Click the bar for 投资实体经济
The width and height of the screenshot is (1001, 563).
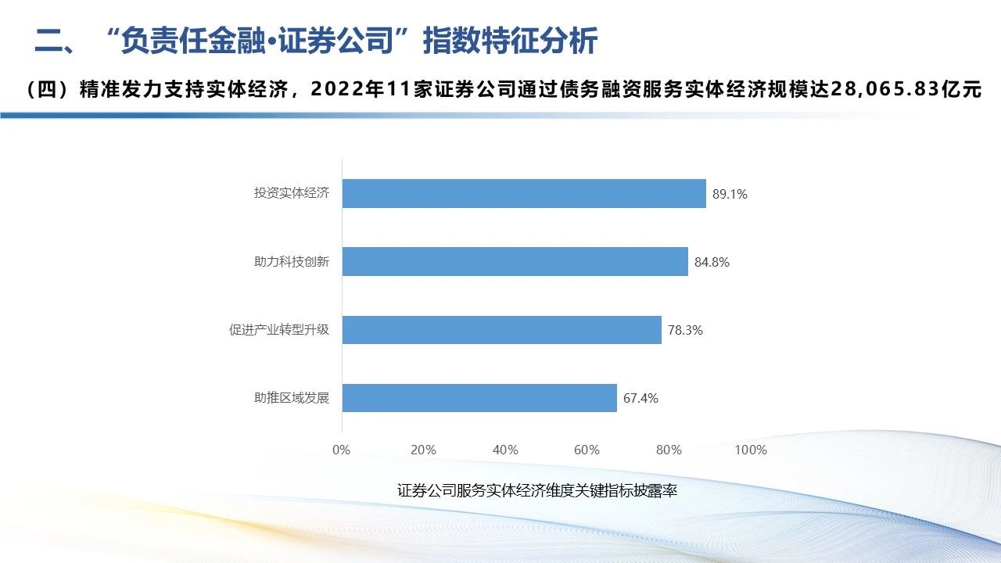pyautogui.click(x=524, y=193)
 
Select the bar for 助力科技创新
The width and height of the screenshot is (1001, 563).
pyautogui.click(x=515, y=262)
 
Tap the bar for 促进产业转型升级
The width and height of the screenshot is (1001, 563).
pyautogui.click(x=501, y=330)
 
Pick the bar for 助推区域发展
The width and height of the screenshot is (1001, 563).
pyautogui.click(x=479, y=398)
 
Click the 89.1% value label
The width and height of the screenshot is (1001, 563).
pyautogui.click(x=730, y=194)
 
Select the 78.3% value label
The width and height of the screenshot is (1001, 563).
pyautogui.click(x=685, y=331)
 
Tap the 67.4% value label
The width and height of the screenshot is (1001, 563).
pyautogui.click(x=640, y=399)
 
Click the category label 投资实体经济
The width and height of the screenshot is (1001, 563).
pyautogui.click(x=292, y=193)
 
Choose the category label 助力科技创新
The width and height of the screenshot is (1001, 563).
pyautogui.click(x=292, y=262)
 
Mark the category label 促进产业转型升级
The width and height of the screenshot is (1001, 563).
pyautogui.click(x=279, y=330)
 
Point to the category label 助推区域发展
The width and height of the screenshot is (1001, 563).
pyautogui.click(x=292, y=398)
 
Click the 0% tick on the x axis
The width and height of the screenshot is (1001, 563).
pyautogui.click(x=342, y=450)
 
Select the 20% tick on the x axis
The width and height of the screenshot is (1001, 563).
pyautogui.click(x=423, y=450)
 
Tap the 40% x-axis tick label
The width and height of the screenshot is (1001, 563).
pyautogui.click(x=505, y=450)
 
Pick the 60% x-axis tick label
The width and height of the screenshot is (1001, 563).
pyautogui.click(x=587, y=450)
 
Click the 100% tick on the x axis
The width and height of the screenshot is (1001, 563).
pyautogui.click(x=751, y=450)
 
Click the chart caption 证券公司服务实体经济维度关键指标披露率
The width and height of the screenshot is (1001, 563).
pyautogui.click(x=536, y=491)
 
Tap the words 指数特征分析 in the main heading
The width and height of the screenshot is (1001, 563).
pyautogui.click(x=510, y=41)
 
